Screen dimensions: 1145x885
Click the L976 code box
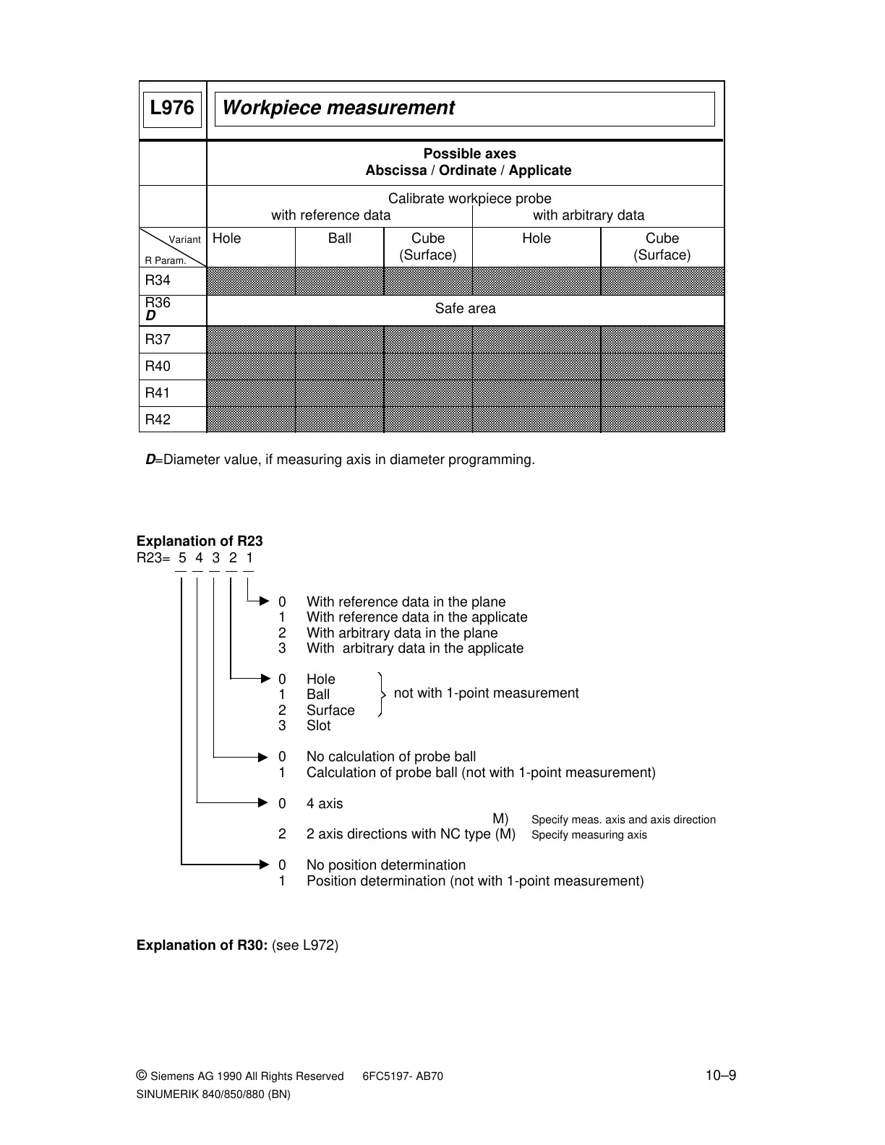click(172, 109)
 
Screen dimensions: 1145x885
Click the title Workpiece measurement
click(338, 108)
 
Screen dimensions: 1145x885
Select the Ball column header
click(339, 239)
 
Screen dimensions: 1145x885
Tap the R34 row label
click(158, 280)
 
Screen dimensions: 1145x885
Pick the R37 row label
click(158, 340)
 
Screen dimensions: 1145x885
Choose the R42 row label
click(158, 420)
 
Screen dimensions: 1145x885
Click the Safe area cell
click(465, 309)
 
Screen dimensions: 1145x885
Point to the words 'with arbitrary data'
click(589, 215)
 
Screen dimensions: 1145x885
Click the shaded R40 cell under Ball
click(339, 366)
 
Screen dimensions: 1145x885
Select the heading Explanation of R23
click(200, 541)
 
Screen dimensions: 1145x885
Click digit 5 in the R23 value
click(182, 558)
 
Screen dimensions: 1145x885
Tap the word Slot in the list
click(318, 726)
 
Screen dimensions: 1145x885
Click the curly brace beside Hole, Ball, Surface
click(381, 694)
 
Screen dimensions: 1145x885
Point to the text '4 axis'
click(325, 804)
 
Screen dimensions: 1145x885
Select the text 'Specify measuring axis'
click(589, 836)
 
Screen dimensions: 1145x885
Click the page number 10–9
click(721, 1076)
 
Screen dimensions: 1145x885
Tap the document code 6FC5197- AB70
click(403, 1076)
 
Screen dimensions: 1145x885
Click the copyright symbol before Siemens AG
click(142, 1076)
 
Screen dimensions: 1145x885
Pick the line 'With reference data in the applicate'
click(416, 617)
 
